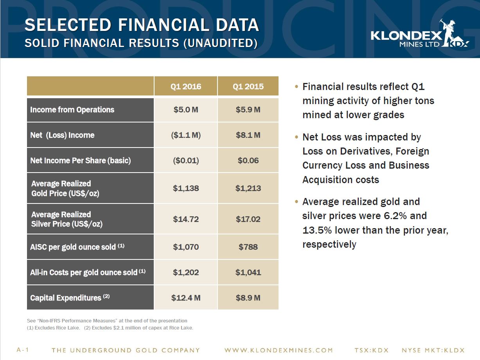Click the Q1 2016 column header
tap(186, 86)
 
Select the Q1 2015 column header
tap(248, 86)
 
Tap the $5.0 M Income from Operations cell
tap(186, 110)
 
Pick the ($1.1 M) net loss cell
tap(186, 135)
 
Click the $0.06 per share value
tap(248, 160)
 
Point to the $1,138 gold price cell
tap(186, 188)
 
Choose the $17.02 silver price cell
tap(248, 219)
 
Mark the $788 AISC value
tap(248, 247)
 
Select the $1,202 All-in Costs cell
tap(186, 272)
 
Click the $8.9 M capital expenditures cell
tap(248, 298)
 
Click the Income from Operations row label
tap(72, 110)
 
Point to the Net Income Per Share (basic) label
tap(81, 160)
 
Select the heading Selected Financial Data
tap(142, 25)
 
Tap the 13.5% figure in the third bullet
tap(316, 230)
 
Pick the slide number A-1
tap(23, 350)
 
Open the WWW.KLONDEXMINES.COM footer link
tap(279, 350)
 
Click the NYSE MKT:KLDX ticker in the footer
tap(433, 350)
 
